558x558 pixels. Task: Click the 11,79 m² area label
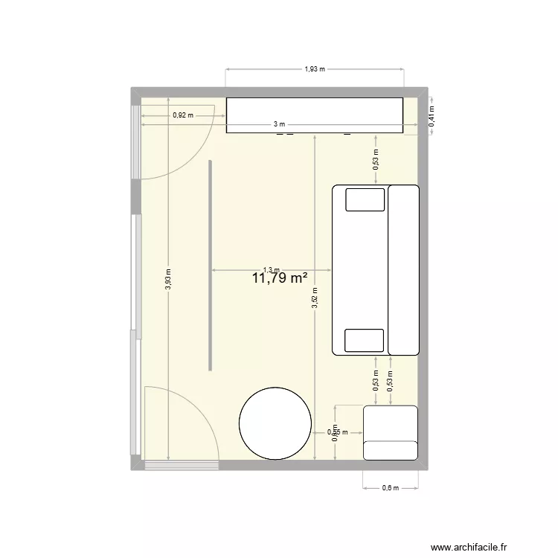[280, 279]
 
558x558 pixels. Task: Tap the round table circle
[275, 423]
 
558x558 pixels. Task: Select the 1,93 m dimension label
[315, 69]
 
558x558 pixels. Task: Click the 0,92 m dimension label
[182, 115]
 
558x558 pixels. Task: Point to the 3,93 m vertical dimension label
[168, 280]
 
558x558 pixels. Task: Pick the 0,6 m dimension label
[391, 488]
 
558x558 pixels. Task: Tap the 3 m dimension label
[278, 124]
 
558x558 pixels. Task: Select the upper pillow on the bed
[365, 199]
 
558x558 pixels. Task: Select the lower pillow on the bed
[365, 340]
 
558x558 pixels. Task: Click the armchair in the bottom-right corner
[390, 432]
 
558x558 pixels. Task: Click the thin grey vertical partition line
[211, 264]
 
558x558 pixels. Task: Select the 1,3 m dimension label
[272, 271]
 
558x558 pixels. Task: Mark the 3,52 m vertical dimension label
[315, 298]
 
